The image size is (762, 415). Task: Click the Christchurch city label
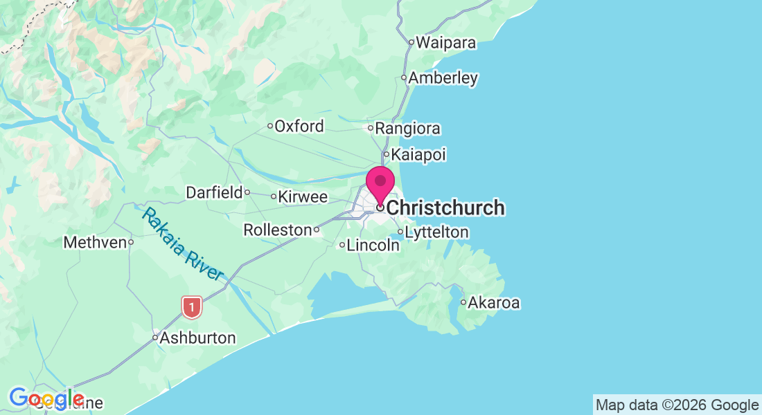(x=445, y=207)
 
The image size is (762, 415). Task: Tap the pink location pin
(x=380, y=183)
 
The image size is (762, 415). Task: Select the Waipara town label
(x=445, y=43)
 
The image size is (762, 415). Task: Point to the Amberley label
(x=443, y=77)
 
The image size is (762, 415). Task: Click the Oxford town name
(x=299, y=126)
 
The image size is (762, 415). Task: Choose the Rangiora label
(x=408, y=129)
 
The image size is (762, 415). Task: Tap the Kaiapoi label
(x=418, y=154)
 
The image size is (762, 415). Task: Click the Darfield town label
(x=214, y=192)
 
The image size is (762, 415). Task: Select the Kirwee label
(x=303, y=197)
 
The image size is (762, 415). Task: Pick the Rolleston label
(x=277, y=230)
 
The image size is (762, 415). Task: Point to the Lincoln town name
(x=373, y=245)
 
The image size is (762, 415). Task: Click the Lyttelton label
(x=436, y=232)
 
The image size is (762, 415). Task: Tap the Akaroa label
(x=494, y=302)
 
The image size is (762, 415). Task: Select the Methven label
(x=94, y=243)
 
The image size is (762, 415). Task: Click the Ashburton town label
(x=197, y=338)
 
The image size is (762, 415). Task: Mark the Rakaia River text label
(x=183, y=243)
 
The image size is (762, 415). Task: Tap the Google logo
(x=46, y=398)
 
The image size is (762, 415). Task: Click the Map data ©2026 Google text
(x=677, y=405)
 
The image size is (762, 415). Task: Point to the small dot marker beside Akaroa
(x=463, y=302)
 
